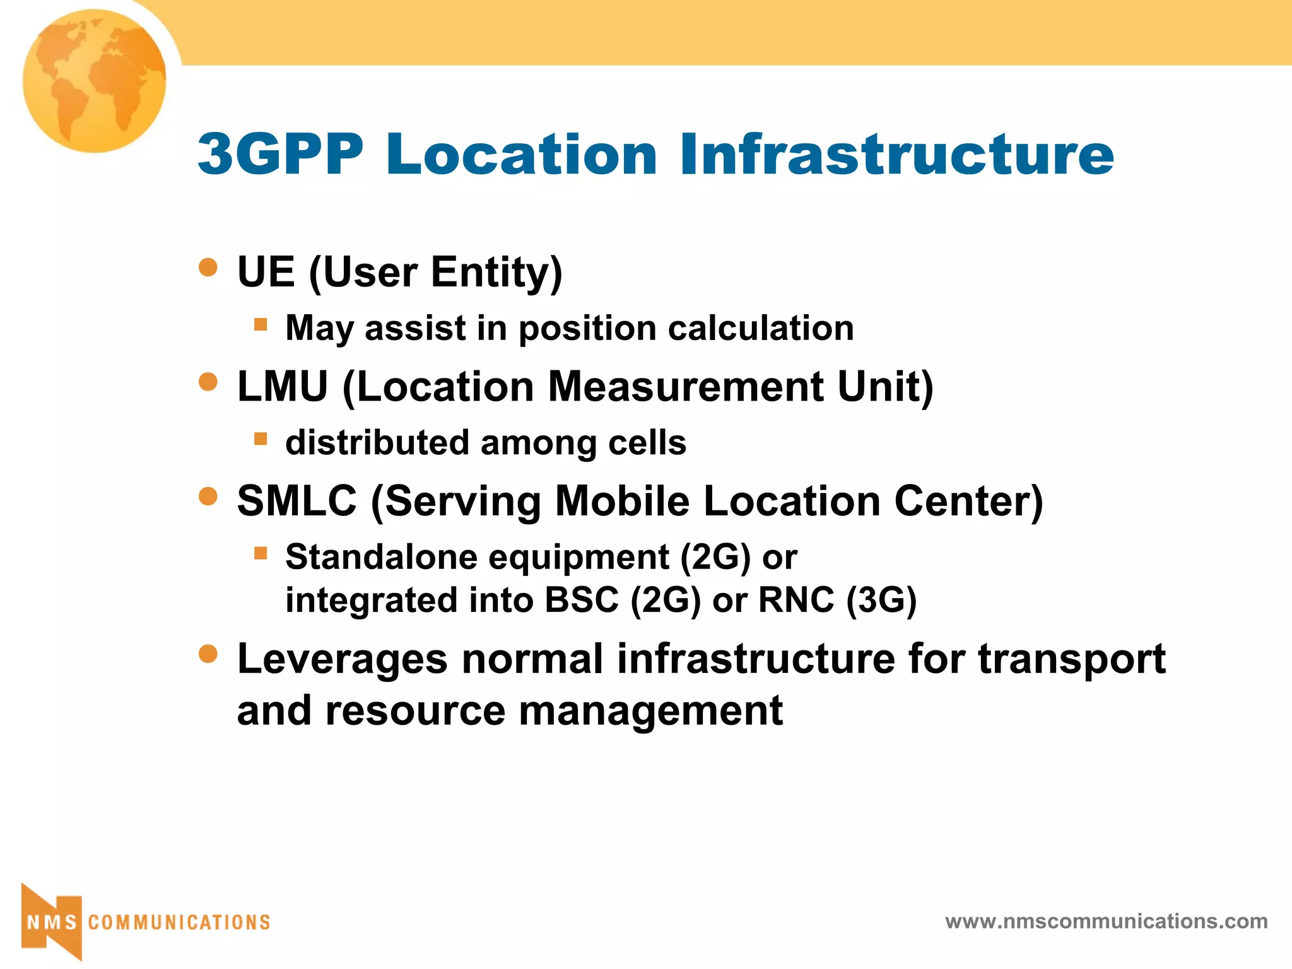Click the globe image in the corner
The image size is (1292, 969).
click(x=95, y=81)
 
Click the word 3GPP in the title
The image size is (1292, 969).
click(x=281, y=154)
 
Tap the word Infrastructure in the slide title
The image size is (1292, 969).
click(x=896, y=154)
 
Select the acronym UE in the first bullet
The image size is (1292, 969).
click(x=266, y=272)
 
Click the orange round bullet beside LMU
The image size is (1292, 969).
click(x=208, y=382)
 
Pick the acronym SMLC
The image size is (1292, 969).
click(x=297, y=501)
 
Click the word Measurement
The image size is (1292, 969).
click(x=685, y=386)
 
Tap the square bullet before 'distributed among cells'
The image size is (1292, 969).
click(x=261, y=438)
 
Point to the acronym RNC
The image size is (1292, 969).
click(x=796, y=599)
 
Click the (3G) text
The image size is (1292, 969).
click(x=881, y=599)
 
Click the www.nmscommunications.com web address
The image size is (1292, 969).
click(x=1106, y=921)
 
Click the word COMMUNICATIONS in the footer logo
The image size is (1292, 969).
click(x=179, y=922)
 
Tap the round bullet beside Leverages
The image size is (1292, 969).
click(x=208, y=654)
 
